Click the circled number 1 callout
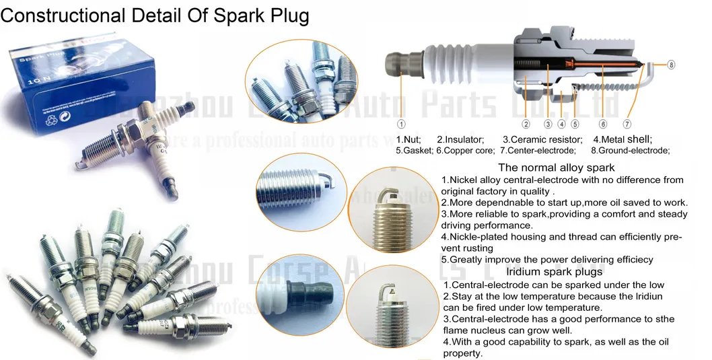point(400,124)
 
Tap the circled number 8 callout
point(671,65)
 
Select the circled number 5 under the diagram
point(575,124)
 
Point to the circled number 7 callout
point(627,124)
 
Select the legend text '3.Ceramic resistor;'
point(542,139)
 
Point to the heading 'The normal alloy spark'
point(557,168)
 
